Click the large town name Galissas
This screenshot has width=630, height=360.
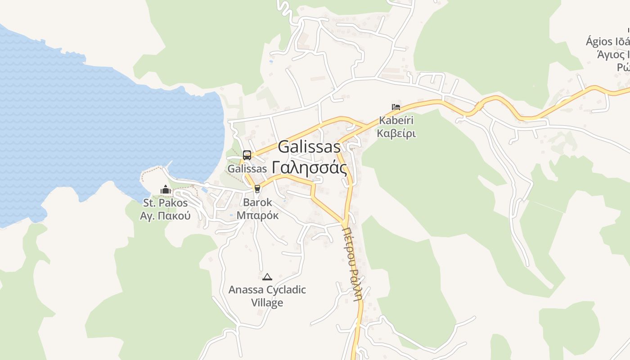point(309,147)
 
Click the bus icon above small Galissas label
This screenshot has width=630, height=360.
point(247,155)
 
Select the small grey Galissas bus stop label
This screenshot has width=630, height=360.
point(247,169)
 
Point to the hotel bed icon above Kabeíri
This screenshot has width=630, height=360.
point(396,107)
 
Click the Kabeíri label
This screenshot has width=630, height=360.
point(396,121)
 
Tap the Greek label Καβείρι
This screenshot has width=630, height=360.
point(396,133)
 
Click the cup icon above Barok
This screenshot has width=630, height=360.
point(257,189)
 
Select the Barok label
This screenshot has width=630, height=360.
point(257,202)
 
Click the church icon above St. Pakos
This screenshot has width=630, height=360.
point(166,190)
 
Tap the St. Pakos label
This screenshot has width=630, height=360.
point(165,203)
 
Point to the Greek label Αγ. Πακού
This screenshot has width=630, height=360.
point(165,216)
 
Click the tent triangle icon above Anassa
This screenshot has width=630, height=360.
point(267,277)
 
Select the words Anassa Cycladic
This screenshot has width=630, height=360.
point(267,289)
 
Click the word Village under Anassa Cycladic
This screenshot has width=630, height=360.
point(267,302)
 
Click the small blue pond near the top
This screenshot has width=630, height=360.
point(270,61)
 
